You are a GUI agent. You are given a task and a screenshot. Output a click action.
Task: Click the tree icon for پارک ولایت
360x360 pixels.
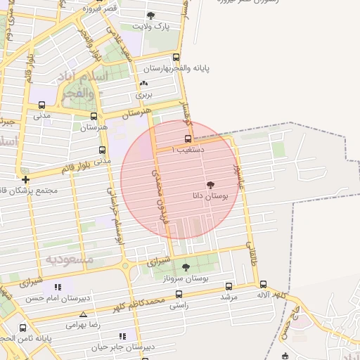click(x=151, y=15)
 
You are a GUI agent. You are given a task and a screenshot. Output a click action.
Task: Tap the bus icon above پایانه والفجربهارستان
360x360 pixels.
click(x=176, y=58)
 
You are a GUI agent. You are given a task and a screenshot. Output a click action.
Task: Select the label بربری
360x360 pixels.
click(x=143, y=93)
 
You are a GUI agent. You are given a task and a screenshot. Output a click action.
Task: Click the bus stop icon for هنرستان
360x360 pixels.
click(x=94, y=116)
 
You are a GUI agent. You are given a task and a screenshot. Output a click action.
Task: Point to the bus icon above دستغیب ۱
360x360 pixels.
click(x=188, y=139)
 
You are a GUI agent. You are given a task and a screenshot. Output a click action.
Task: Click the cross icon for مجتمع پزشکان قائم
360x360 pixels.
click(x=25, y=180)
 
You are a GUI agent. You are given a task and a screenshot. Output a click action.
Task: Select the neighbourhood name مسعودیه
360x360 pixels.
click(x=70, y=259)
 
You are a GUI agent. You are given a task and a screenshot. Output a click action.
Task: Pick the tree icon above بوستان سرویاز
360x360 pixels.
click(x=186, y=267)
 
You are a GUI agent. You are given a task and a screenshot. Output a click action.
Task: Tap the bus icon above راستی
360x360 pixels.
click(x=179, y=295)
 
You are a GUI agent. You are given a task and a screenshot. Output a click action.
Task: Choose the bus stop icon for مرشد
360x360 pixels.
click(x=229, y=286)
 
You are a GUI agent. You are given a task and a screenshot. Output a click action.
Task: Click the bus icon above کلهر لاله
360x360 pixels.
click(x=263, y=285)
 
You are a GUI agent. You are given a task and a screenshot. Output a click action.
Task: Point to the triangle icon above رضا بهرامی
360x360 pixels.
click(x=84, y=314)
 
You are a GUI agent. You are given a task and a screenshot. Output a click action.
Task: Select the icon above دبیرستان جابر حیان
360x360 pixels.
click(x=122, y=335)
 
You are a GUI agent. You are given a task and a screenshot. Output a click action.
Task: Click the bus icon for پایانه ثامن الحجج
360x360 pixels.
click(x=23, y=328)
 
